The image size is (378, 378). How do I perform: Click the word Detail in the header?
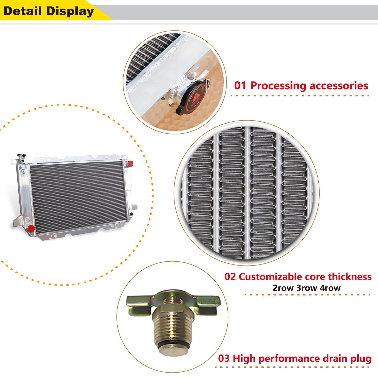click(22, 11)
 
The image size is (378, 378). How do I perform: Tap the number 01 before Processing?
click(240, 86)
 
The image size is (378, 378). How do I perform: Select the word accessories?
click(339, 86)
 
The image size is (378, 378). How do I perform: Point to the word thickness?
click(350, 277)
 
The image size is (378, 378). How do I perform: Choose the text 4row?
click(330, 288)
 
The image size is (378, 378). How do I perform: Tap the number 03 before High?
click(224, 358)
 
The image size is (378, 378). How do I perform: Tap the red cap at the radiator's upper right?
click(130, 164)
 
